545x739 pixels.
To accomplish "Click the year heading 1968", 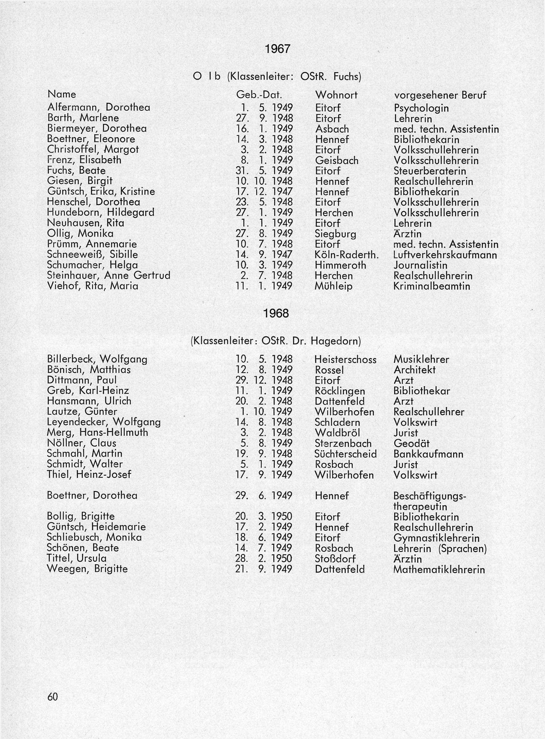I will coord(276,314).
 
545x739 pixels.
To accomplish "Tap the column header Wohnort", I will coord(336,95).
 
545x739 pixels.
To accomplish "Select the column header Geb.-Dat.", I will coord(259,95).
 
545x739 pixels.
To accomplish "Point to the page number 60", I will coord(53,697).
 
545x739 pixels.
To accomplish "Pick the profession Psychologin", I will coord(421,108).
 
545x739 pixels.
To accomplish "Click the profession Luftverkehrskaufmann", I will coord(445,255).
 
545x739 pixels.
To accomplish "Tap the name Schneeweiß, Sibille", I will coord(92,255).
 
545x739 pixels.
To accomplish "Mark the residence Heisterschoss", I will coord(345,359).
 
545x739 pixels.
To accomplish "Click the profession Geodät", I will coord(412,444).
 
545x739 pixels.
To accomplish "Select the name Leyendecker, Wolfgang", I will coord(104,422).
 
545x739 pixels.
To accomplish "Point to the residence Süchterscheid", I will coord(345,454).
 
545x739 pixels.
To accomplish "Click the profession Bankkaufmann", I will coord(428,454).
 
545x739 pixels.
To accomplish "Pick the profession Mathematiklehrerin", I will coord(439,569).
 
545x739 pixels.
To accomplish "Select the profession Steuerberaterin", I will coord(430,171).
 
